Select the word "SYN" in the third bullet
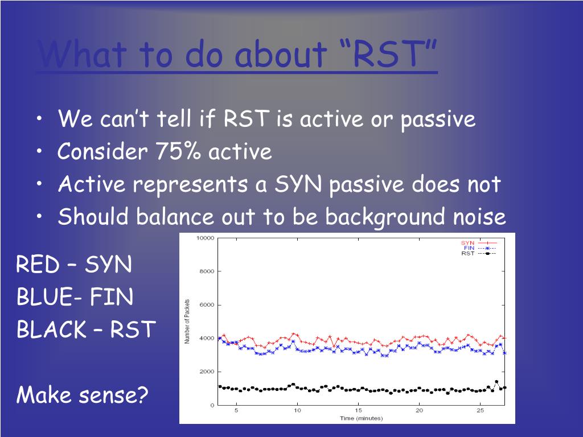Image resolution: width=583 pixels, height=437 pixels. [298, 184]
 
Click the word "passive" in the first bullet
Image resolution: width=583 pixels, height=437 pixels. [438, 119]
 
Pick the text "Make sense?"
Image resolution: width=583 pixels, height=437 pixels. [82, 394]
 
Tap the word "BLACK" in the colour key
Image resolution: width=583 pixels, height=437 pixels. [52, 329]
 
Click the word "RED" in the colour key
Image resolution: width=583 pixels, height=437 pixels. [38, 264]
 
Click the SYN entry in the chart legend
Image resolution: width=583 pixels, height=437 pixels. [478, 243]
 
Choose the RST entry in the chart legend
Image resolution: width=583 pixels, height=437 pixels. [478, 253]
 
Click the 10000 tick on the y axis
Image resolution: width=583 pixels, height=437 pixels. [205, 238]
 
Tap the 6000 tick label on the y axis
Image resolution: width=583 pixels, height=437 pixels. [207, 305]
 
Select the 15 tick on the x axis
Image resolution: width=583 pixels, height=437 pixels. [359, 410]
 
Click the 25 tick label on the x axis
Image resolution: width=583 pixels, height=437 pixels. [481, 410]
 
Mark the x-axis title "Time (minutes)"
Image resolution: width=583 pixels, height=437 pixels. [361, 418]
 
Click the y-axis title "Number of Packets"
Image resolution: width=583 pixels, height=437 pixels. [187, 321]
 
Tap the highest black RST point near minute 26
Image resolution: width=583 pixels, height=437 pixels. [496, 382]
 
